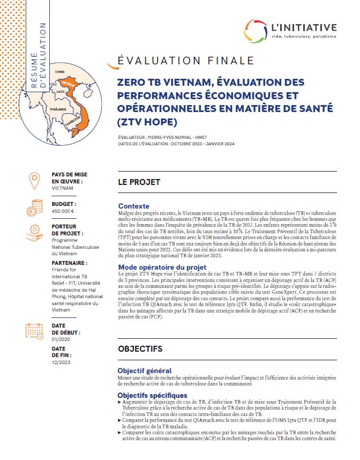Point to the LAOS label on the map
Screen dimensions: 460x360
tap(60, 92)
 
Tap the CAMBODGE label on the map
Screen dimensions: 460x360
tap(72, 121)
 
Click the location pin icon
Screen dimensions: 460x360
tap(34, 181)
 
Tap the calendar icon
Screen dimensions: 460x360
tap(34, 330)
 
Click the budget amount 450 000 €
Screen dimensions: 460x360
tap(63, 211)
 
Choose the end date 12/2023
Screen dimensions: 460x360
tap(62, 362)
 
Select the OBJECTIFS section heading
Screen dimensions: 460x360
tap(140, 348)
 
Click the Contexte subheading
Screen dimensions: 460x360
tap(133, 206)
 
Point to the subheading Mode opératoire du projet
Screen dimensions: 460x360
tap(162, 267)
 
